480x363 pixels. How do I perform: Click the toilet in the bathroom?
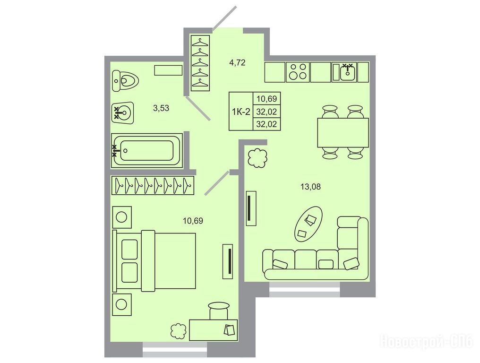tap(125, 81)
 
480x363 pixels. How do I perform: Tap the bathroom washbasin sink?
tap(122, 112)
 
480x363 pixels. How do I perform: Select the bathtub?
tap(147, 150)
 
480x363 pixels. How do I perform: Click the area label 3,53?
tap(161, 108)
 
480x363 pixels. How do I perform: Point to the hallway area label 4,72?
tap(237, 63)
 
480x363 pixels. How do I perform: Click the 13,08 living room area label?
tap(311, 186)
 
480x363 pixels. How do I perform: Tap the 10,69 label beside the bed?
tap(193, 221)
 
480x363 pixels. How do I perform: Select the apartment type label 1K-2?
tap(241, 112)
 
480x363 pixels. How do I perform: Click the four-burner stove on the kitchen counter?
tap(298, 72)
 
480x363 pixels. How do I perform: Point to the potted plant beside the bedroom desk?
tap(179, 331)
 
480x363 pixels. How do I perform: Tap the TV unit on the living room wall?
tap(251, 208)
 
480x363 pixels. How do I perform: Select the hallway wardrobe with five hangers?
tap(200, 63)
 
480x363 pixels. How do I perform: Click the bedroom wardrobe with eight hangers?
tap(153, 185)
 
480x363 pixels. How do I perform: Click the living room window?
tap(304, 289)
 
